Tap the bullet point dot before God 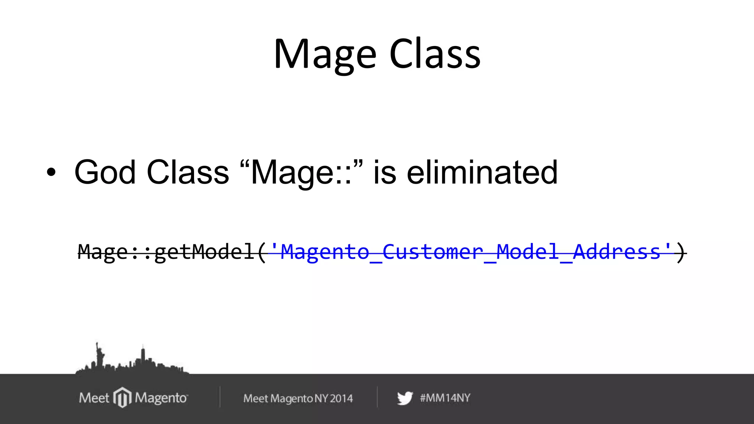point(51,172)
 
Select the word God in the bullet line point(105,172)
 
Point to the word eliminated point(482,172)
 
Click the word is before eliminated point(385,172)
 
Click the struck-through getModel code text point(204,252)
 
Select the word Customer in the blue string point(433,252)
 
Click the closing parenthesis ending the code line point(681,252)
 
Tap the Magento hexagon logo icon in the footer point(122,397)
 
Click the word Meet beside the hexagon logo point(94,398)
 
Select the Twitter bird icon point(405,398)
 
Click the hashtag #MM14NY point(445,398)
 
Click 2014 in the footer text point(341,398)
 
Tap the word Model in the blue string point(528,252)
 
